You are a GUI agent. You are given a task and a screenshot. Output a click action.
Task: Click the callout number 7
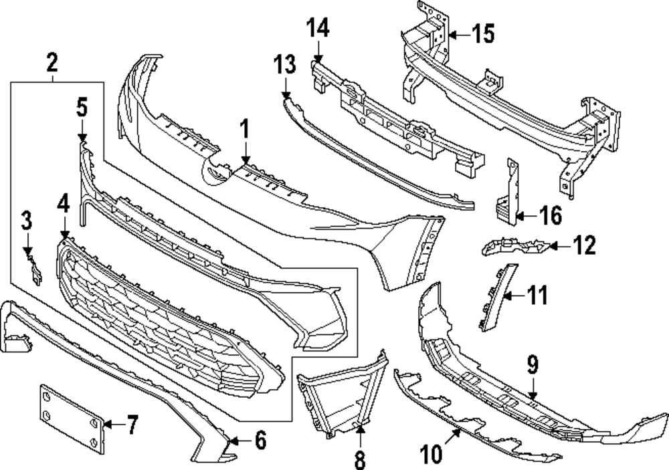[131, 424]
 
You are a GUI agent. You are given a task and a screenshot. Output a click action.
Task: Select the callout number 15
[483, 33]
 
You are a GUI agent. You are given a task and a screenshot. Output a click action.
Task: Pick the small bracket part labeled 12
[515, 247]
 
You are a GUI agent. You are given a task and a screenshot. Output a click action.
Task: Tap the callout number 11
[537, 293]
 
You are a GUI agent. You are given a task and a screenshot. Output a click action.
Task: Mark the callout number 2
[52, 64]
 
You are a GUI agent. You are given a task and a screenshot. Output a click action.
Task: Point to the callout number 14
[318, 29]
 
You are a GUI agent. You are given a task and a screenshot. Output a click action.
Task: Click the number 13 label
[284, 66]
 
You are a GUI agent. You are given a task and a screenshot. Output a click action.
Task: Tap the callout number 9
[533, 365]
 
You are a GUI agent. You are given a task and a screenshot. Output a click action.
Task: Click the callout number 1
[245, 128]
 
